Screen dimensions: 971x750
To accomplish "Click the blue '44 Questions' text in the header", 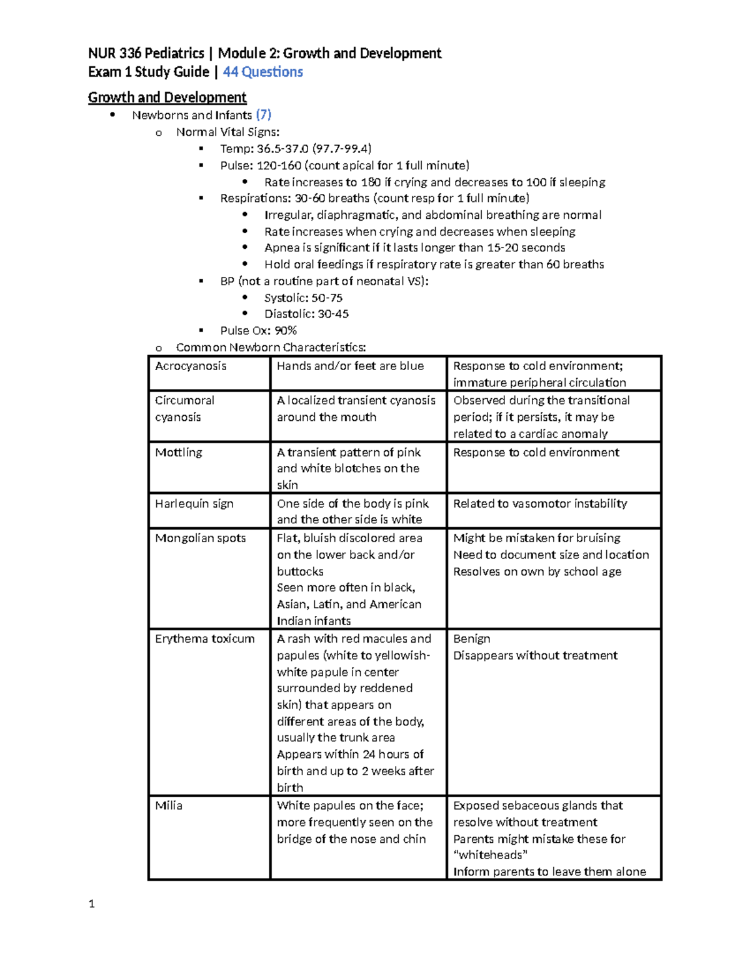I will click(x=262, y=72).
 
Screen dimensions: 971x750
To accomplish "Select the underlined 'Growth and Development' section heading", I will click(x=167, y=98).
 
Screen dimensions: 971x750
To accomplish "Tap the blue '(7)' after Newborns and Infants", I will click(x=263, y=114).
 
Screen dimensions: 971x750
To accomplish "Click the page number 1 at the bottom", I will click(x=92, y=903).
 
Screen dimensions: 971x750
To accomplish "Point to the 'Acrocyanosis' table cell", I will click(x=191, y=366).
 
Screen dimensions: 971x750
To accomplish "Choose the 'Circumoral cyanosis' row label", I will click(x=184, y=408).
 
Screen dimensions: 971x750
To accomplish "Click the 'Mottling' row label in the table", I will click(x=179, y=452).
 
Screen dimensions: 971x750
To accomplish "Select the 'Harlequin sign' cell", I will click(x=194, y=503).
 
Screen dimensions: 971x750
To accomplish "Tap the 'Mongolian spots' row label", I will click(x=201, y=538).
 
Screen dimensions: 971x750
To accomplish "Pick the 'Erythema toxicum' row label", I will click(x=205, y=638).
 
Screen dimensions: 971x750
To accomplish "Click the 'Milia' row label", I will click(x=169, y=805).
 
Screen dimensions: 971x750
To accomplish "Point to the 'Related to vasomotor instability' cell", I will click(x=540, y=503).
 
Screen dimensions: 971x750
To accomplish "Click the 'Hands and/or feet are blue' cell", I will click(x=350, y=366).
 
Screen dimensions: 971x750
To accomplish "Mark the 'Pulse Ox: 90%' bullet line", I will click(x=258, y=330).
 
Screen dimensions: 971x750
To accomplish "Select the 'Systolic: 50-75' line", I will click(x=303, y=298).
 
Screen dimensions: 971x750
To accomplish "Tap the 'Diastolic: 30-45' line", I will click(x=306, y=314).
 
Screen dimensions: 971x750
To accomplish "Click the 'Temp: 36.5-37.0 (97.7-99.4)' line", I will click(x=296, y=148).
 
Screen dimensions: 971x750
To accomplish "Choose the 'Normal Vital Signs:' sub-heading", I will click(x=227, y=132).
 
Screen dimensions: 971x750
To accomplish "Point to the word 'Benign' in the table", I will click(x=472, y=638).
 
